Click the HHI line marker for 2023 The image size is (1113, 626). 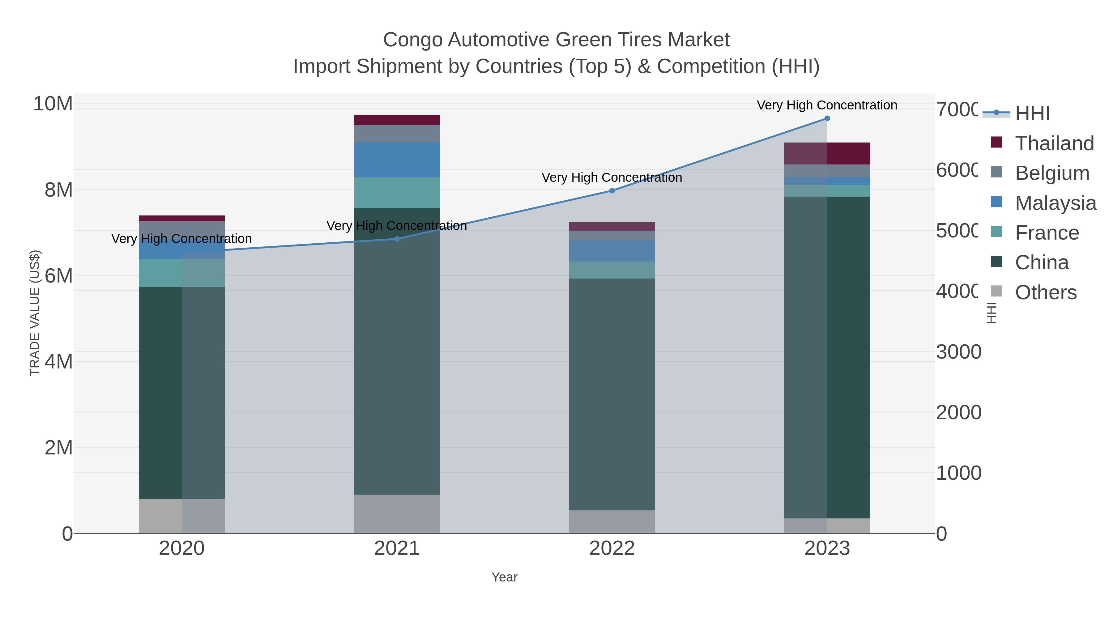(827, 118)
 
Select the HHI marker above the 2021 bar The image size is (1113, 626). (397, 239)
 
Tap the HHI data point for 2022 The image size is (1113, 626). (612, 190)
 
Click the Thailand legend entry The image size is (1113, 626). (1054, 143)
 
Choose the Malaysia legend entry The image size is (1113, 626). (1055, 203)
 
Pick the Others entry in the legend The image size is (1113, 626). (1045, 292)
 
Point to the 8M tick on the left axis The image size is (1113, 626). (58, 190)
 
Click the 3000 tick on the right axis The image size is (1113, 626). (958, 352)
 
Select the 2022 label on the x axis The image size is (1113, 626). (612, 549)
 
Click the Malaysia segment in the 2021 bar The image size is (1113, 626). (397, 160)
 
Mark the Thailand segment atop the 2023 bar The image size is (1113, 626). (827, 153)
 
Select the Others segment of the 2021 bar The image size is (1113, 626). (397, 514)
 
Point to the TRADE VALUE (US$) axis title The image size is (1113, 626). (35, 313)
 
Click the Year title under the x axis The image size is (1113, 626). (504, 577)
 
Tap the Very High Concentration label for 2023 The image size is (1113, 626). (827, 105)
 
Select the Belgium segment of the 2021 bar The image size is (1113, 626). (397, 134)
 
